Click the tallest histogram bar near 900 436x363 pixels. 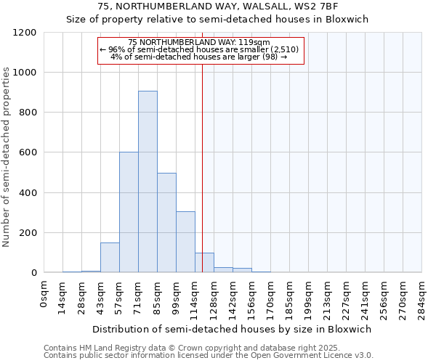[x=148, y=181]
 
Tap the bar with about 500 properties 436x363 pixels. [x=166, y=222]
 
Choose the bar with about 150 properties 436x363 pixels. [x=110, y=258]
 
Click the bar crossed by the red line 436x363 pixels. [x=204, y=263]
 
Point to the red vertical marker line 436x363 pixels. [x=202, y=145]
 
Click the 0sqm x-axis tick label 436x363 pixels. [x=45, y=295]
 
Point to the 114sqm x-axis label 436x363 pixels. [x=196, y=298]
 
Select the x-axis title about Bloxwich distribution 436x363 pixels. [x=232, y=329]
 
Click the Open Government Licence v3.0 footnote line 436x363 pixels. [x=208, y=356]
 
